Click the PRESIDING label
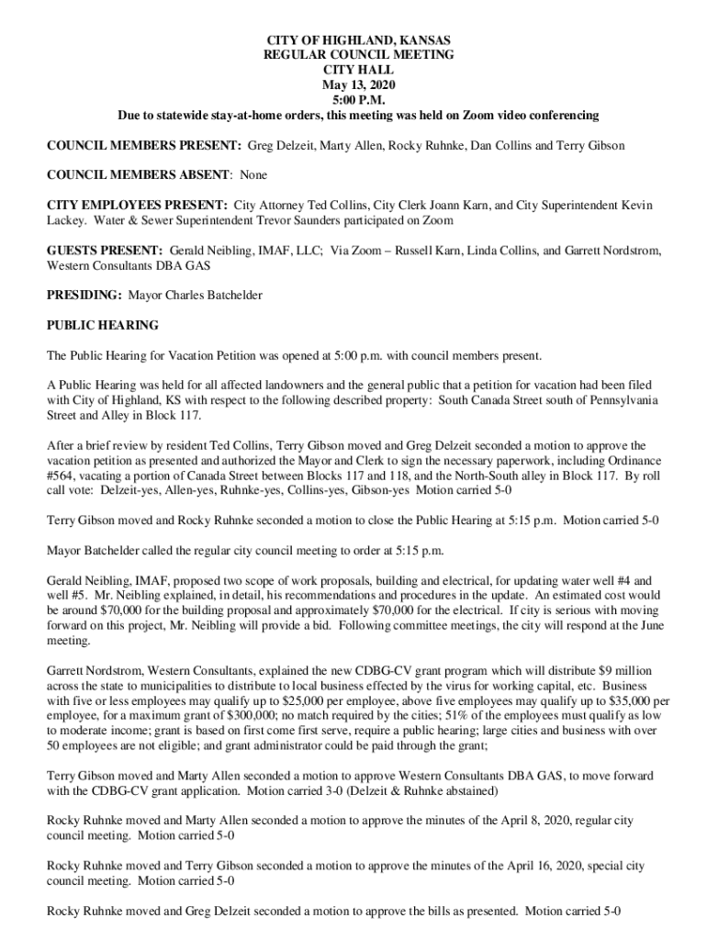tap(84, 296)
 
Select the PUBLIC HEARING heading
tap(103, 325)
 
